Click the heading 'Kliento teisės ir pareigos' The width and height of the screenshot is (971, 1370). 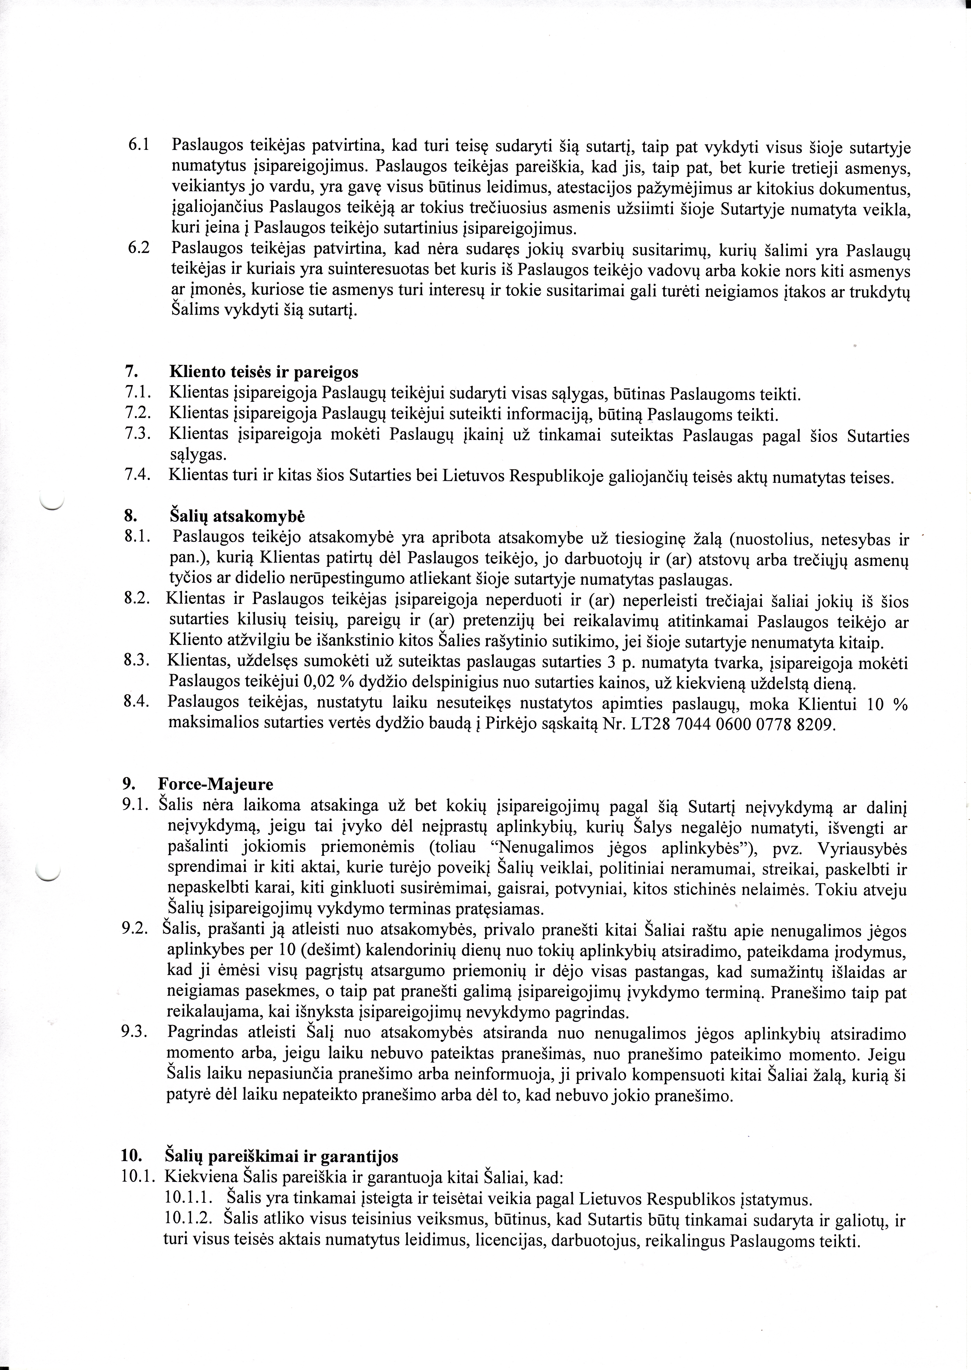[264, 373]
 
